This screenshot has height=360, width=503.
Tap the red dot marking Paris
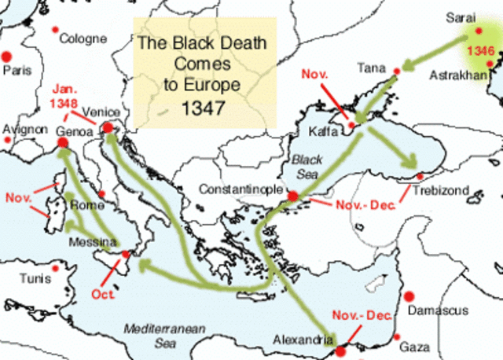[x=7, y=56]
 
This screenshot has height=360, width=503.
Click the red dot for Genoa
[x=63, y=144]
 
